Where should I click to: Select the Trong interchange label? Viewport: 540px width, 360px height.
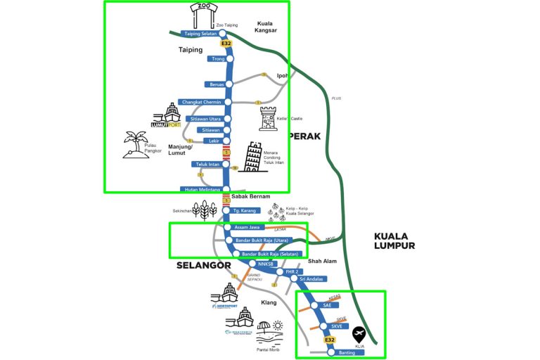(218, 58)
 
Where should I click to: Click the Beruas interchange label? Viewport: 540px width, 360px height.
(215, 84)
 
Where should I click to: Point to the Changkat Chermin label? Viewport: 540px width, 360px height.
(201, 103)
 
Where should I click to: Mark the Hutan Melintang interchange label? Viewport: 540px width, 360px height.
(201, 189)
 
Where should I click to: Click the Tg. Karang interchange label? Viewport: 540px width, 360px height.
(246, 210)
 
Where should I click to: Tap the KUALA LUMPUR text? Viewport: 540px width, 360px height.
(394, 241)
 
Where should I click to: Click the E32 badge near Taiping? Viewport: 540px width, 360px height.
(226, 44)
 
